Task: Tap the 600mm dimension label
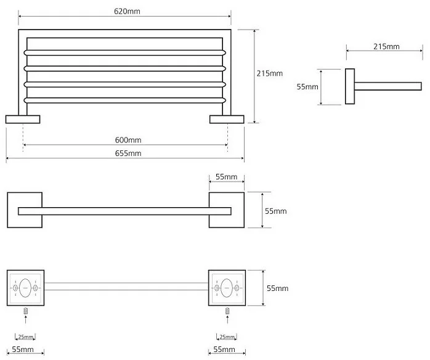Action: pos(128,139)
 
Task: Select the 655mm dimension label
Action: pos(128,153)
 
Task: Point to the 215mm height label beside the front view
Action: pos(269,73)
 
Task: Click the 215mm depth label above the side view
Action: pos(386,47)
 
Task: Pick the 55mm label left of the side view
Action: pos(307,87)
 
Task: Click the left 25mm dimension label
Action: pos(25,337)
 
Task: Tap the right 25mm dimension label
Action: pos(227,337)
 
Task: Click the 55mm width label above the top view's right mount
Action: pos(226,178)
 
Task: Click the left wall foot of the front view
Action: pos(23,119)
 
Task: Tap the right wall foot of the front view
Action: pos(227,119)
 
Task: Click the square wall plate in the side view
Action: pos(349,87)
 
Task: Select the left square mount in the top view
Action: pos(25,211)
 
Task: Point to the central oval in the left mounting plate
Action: pos(25,287)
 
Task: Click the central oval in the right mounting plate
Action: pos(227,287)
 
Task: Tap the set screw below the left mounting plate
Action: pos(25,310)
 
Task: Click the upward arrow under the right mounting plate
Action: pos(227,321)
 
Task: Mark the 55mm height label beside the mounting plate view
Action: pos(277,288)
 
